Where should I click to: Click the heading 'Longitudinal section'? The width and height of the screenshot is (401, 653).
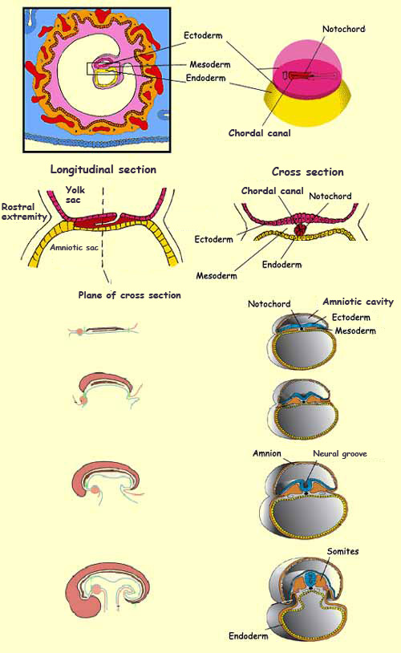click(103, 169)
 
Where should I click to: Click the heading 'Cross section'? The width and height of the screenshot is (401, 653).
click(308, 172)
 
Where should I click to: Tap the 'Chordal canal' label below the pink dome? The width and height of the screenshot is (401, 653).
click(259, 133)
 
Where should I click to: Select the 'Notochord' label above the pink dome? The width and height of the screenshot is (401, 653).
click(343, 29)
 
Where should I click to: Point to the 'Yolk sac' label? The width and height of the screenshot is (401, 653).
click(75, 195)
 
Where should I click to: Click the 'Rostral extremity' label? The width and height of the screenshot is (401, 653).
click(24, 212)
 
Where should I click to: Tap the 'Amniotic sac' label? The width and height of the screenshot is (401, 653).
click(74, 247)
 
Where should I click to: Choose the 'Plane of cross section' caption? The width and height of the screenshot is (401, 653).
click(129, 295)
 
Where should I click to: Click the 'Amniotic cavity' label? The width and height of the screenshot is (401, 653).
click(358, 302)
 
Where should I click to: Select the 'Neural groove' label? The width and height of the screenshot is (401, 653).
click(340, 453)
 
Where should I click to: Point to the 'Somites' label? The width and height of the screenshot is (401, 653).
click(342, 551)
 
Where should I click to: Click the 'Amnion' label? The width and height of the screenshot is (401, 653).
click(267, 453)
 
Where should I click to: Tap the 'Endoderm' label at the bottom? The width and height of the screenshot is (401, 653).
click(248, 636)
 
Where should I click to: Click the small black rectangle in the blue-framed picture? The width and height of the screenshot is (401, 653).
click(103, 69)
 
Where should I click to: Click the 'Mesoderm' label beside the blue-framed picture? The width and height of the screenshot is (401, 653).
click(210, 64)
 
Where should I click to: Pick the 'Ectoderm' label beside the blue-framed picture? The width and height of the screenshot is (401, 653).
click(203, 35)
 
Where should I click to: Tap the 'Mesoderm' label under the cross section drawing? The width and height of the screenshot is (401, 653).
click(217, 276)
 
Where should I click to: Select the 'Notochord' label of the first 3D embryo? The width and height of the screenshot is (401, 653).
click(269, 304)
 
